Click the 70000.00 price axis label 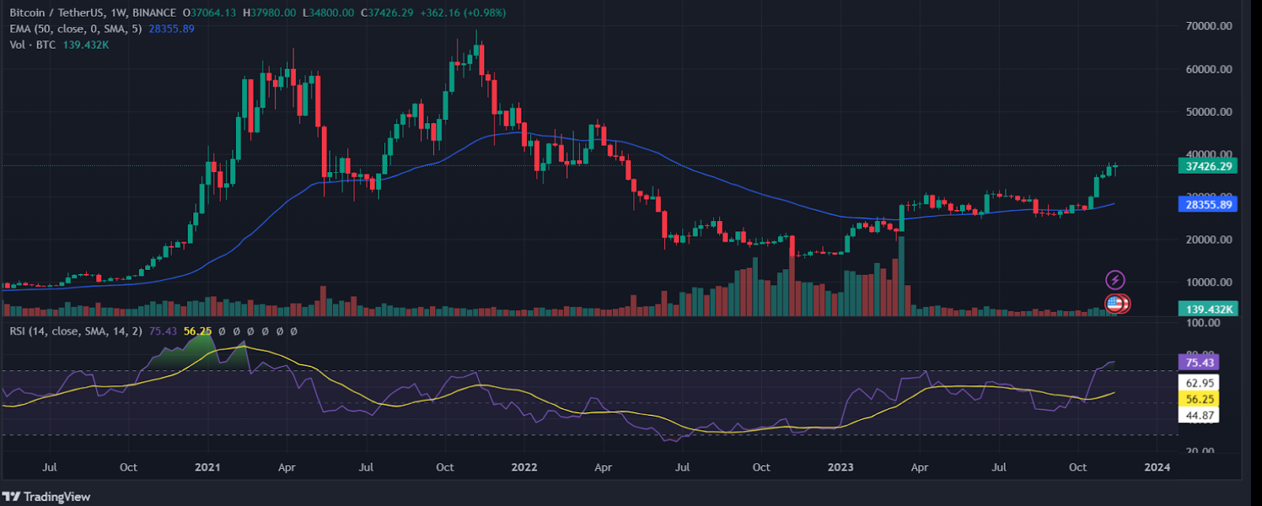pos(1208,26)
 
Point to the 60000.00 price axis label pos(1208,69)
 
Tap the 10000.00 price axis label pos(1208,283)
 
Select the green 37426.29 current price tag pos(1208,167)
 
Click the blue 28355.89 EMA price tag pos(1208,204)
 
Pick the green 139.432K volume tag pos(1208,309)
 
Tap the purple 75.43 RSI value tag pos(1199,362)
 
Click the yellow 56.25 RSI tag pos(1199,399)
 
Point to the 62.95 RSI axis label pos(1199,383)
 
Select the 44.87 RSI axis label pos(1199,415)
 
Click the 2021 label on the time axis pos(207,467)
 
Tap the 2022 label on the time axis pos(524,467)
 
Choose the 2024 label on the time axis pos(1157,467)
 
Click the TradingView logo pos(47,497)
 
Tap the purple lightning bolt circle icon pos(1115,279)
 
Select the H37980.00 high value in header pos(270,13)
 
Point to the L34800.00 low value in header pos(328,13)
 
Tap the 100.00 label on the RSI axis pos(1204,323)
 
